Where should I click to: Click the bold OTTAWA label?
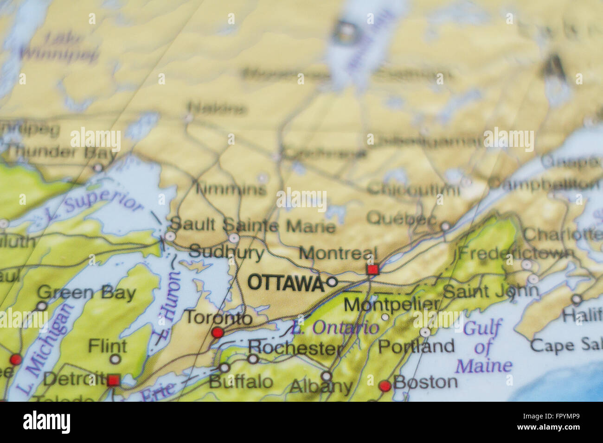[285, 282]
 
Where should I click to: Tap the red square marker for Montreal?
[372, 269]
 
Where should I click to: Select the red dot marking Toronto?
[217, 332]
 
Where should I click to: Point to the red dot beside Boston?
[385, 386]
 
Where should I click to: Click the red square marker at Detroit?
[113, 381]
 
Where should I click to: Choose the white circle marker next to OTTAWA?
[332, 281]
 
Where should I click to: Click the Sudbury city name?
[226, 253]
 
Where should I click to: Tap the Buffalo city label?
[241, 382]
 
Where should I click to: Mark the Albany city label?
[321, 386]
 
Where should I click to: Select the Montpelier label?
[391, 304]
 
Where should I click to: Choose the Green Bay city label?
[86, 293]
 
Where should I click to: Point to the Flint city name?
[107, 346]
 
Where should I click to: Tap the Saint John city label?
[491, 291]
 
